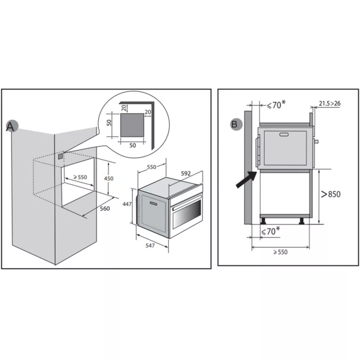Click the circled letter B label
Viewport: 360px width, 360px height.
click(235, 125)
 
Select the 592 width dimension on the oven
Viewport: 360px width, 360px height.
click(185, 174)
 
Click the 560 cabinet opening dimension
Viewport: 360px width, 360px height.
click(104, 208)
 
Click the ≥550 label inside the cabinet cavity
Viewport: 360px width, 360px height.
click(80, 177)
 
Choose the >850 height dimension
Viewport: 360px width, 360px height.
click(330, 194)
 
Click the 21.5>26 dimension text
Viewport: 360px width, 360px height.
click(329, 104)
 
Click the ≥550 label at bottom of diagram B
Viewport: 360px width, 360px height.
click(280, 252)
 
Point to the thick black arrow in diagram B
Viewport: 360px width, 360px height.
click(246, 180)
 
